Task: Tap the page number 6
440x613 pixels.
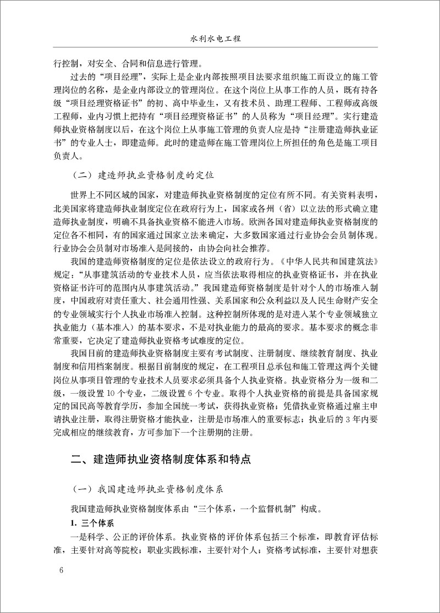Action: pos(61,568)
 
